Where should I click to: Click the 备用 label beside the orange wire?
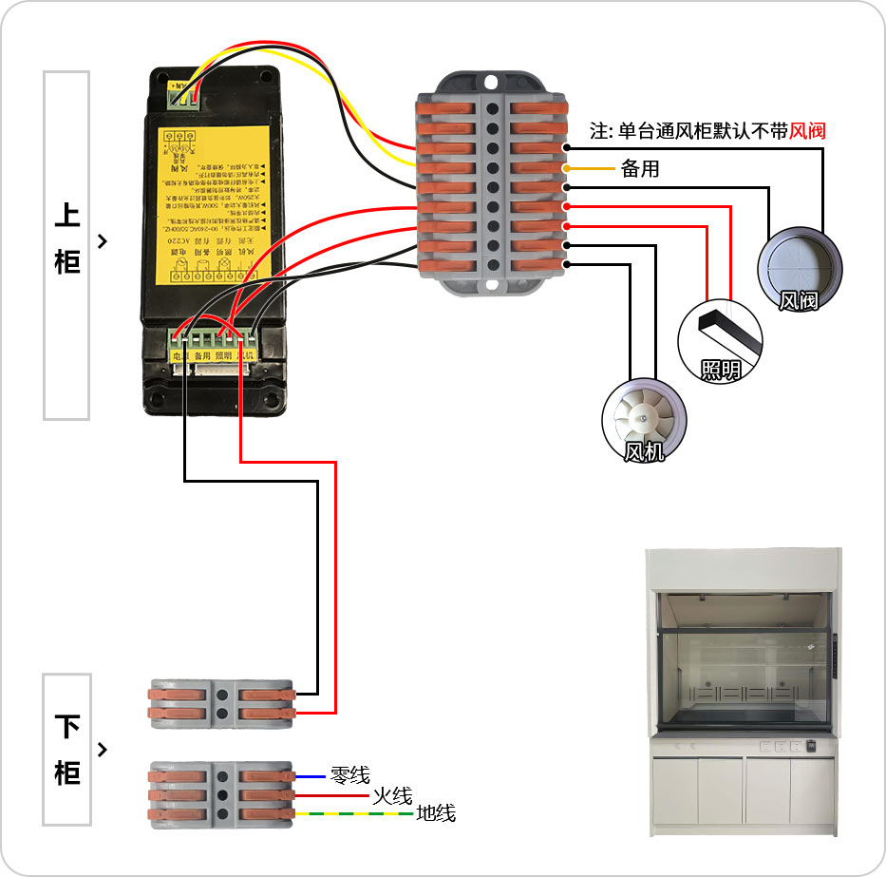click(x=639, y=169)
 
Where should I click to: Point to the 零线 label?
click(x=349, y=775)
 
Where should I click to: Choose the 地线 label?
click(x=436, y=813)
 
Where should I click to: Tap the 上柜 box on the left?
click(x=66, y=244)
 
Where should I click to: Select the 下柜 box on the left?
click(x=66, y=750)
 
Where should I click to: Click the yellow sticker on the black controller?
click(x=213, y=203)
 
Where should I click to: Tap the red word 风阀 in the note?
click(x=807, y=130)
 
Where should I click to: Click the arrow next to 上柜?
click(x=103, y=241)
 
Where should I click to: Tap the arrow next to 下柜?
click(x=103, y=750)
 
